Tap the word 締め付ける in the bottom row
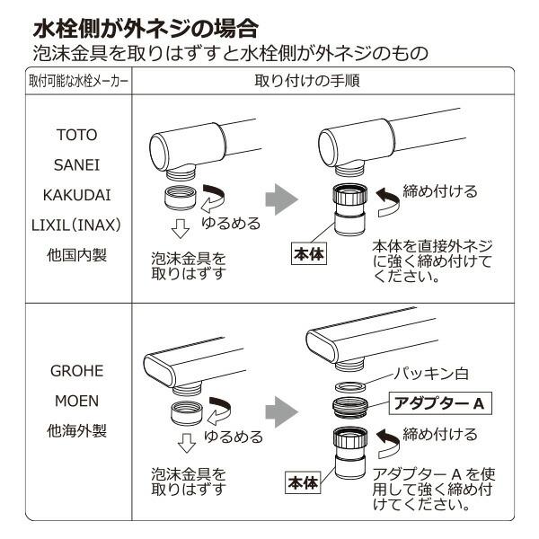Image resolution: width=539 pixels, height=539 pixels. pyautogui.click(x=440, y=435)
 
